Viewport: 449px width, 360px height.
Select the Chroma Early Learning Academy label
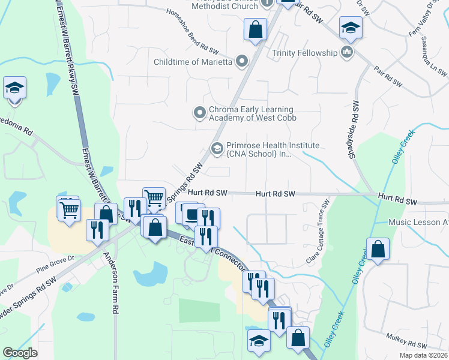pos(252,113)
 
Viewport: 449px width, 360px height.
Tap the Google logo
pos(20,353)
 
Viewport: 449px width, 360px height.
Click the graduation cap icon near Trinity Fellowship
pos(351,28)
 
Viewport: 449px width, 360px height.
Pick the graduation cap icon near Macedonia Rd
pos(14,88)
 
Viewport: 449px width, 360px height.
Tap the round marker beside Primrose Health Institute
pos(217,148)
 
